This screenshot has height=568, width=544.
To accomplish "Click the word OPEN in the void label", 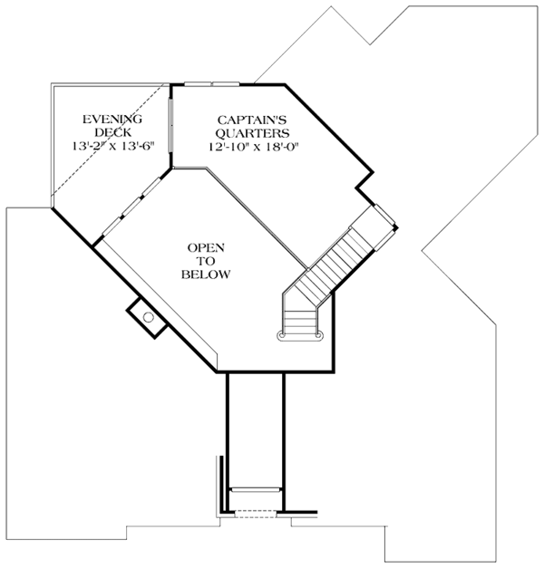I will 206,247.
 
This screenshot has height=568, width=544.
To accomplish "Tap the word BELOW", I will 206,274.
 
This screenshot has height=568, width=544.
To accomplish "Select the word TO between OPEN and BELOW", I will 206,261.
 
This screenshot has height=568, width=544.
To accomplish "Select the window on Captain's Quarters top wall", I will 212,83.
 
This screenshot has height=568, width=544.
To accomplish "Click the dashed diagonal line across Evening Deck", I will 109,145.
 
